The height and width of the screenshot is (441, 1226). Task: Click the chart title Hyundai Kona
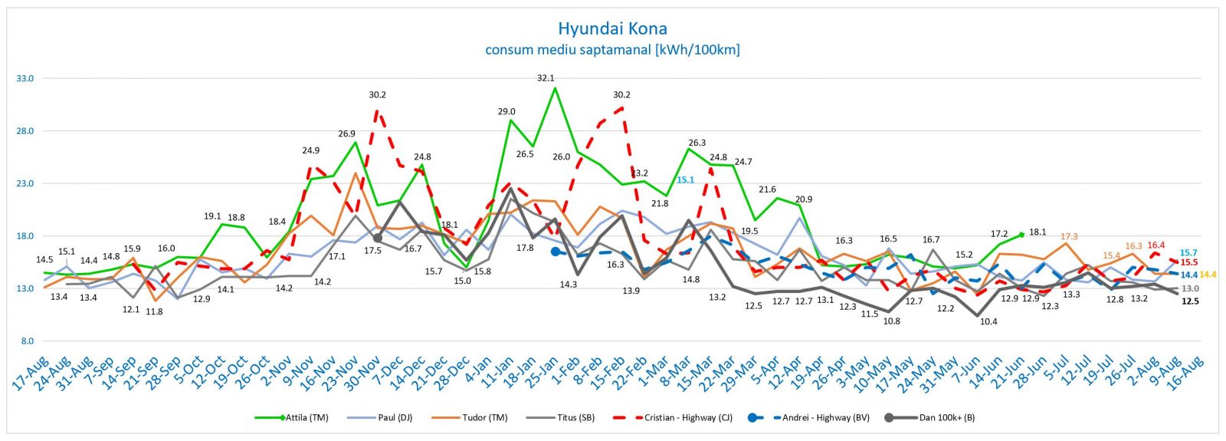612,29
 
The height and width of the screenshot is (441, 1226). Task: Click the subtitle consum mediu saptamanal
612,50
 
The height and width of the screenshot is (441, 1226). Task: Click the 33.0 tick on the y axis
25,78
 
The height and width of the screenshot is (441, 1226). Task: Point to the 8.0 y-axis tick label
27,341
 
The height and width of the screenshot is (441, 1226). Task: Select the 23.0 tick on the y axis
25,183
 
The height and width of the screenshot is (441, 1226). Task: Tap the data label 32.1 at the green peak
546,78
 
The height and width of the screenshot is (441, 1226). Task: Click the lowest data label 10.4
988,322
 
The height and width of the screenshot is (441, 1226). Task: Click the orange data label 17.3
1069,237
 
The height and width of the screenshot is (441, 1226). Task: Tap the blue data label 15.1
685,181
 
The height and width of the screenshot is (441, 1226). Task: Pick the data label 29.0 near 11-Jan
506,112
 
